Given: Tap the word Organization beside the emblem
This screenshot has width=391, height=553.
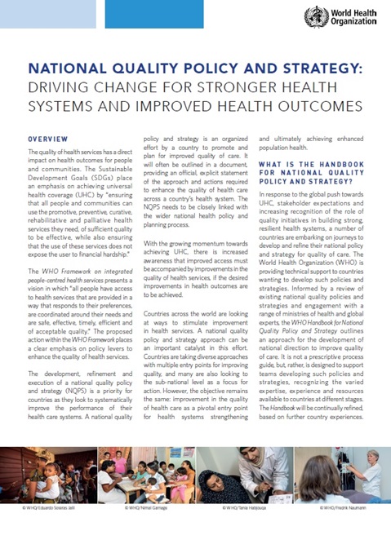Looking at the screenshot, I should [x=352, y=24].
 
